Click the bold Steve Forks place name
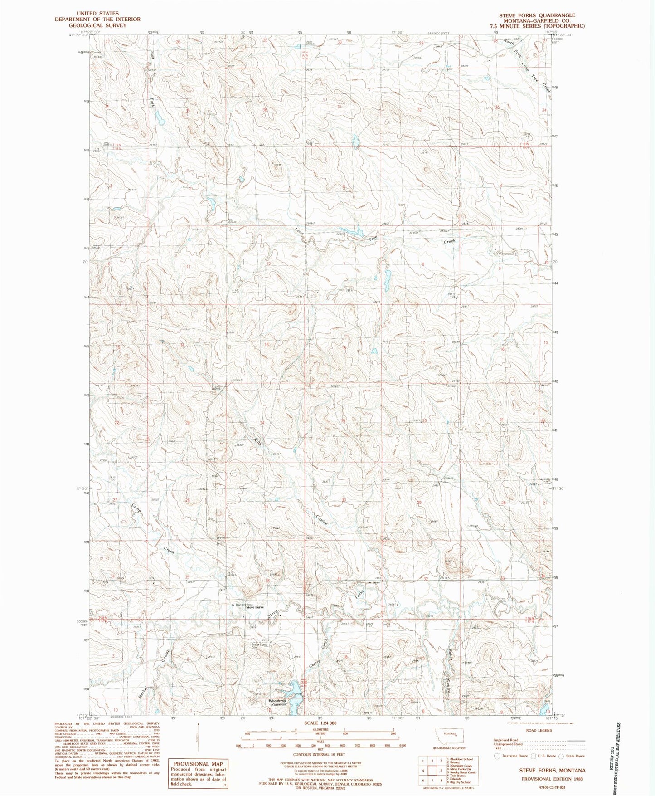click(254, 607)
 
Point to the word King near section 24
click(257, 440)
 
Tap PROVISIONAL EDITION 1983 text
click(551, 779)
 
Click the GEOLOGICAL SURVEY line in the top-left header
click(97, 25)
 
